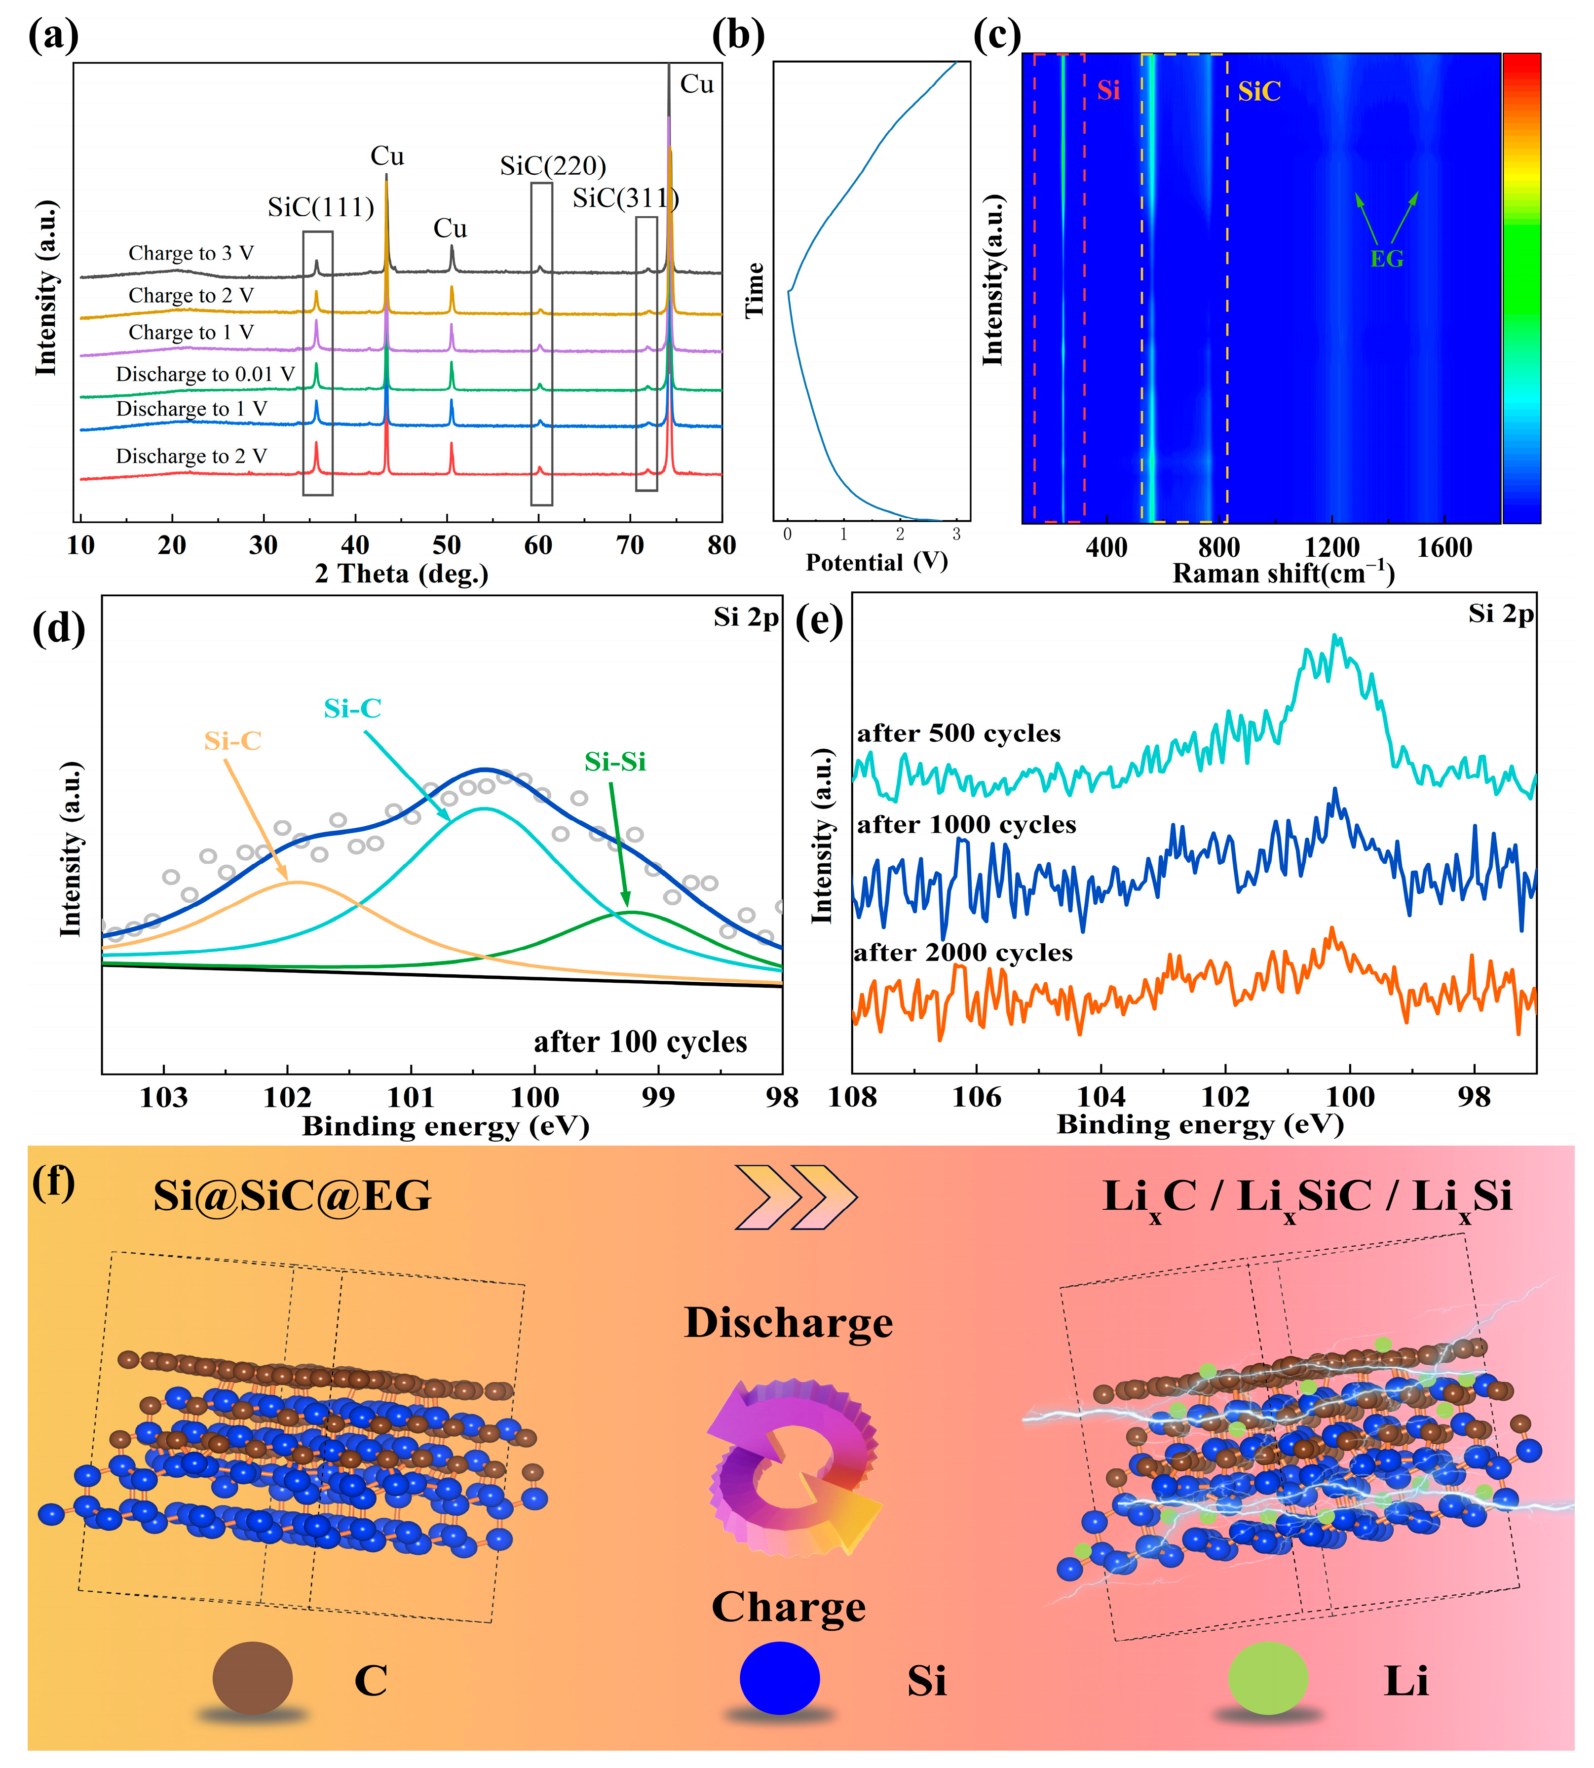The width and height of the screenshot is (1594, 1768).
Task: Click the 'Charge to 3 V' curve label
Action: [x=191, y=253]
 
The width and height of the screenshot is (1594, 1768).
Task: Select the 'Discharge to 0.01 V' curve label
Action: [x=205, y=374]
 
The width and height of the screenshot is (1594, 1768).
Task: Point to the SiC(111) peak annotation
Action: [x=321, y=208]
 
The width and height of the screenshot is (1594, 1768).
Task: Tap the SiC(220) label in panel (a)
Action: [x=553, y=165]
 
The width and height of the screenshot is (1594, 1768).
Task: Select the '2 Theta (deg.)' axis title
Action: [x=401, y=574]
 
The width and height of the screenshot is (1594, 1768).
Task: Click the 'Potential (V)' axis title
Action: [x=876, y=562]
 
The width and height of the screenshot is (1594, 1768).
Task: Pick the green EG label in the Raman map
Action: [x=1386, y=259]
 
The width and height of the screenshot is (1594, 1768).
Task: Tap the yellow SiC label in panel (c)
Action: [x=1258, y=91]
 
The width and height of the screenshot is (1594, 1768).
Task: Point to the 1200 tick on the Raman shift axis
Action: [x=1331, y=547]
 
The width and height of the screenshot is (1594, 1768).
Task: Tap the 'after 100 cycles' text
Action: [x=640, y=1042]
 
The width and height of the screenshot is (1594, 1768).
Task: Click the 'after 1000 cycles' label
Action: [x=966, y=824]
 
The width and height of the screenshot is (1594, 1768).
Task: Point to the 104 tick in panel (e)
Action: [x=1101, y=1096]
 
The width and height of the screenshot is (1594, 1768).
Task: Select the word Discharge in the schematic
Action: [x=788, y=1323]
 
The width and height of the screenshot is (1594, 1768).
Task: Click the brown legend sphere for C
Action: [x=252, y=1678]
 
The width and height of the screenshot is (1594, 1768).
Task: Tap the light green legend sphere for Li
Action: [x=1267, y=1678]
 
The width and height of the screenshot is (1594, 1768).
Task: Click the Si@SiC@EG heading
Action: [x=293, y=1196]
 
